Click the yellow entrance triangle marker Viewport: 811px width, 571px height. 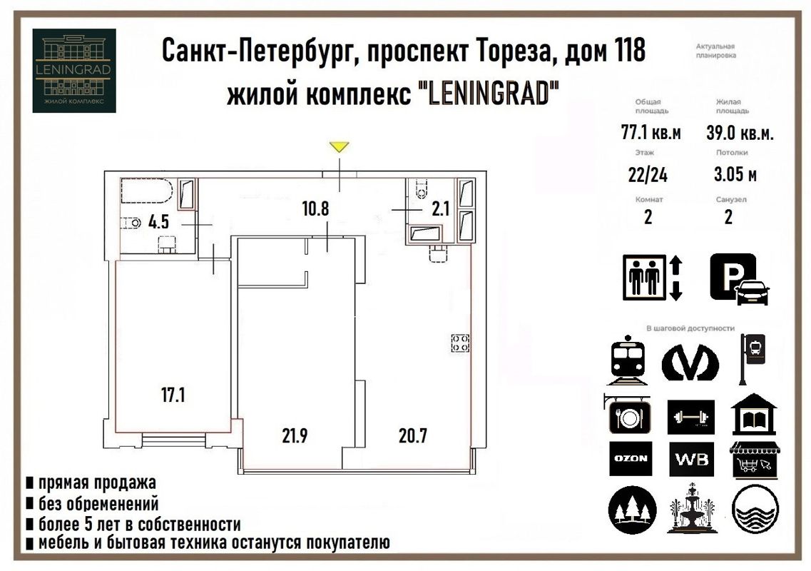pos(339,147)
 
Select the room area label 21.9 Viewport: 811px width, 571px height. pos(294,435)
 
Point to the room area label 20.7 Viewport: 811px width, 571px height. pos(412,435)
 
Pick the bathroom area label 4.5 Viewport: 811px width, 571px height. pos(159,221)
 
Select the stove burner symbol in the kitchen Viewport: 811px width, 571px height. pos(459,343)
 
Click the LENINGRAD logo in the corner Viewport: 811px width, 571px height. pos(74,70)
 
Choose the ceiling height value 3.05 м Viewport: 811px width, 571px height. pos(735,175)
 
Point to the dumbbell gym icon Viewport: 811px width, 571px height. pos(691,416)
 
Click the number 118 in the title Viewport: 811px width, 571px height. pos(628,52)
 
